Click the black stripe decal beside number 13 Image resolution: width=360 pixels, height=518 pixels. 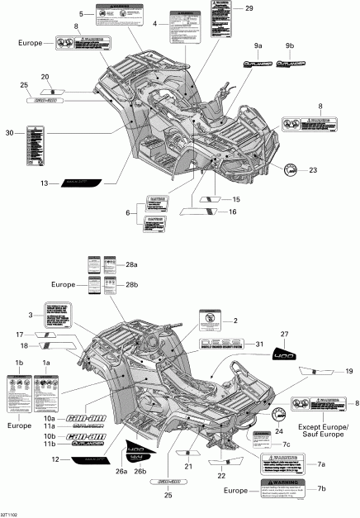pyautogui.click(x=78, y=184)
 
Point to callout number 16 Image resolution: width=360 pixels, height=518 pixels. pyautogui.click(x=235, y=212)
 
